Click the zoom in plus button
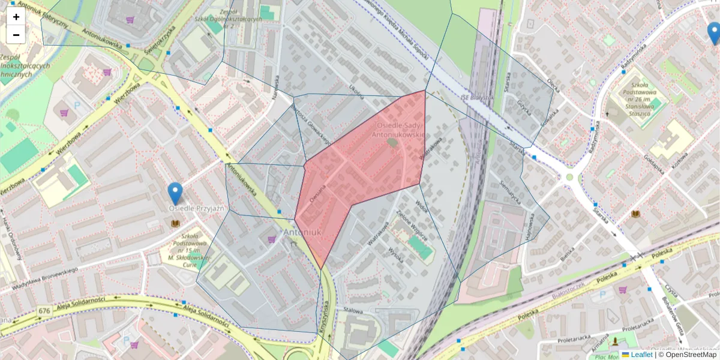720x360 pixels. [x=16, y=17]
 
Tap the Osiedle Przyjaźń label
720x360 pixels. [x=196, y=209]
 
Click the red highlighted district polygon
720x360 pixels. [x=360, y=174]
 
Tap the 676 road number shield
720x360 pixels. [x=44, y=311]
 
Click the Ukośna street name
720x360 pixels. [x=356, y=91]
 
